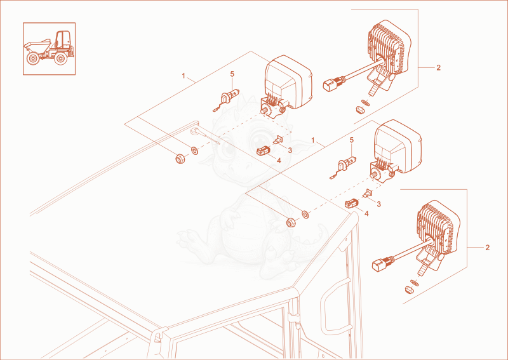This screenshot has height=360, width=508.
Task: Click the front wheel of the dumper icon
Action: point(33,58)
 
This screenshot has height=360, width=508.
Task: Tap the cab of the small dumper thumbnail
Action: point(63,40)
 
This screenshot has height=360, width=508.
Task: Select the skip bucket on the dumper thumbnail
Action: point(37,46)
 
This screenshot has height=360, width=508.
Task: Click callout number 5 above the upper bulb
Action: point(232,74)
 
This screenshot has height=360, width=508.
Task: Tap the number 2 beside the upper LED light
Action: point(438,68)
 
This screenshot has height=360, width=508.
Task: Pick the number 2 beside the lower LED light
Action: point(487,248)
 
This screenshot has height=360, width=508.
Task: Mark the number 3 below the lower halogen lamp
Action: point(378,204)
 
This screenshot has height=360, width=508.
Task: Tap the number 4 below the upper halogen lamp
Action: point(279,161)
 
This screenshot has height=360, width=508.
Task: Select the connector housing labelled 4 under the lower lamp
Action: point(351,204)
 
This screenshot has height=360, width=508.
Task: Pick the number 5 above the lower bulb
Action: point(352,140)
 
